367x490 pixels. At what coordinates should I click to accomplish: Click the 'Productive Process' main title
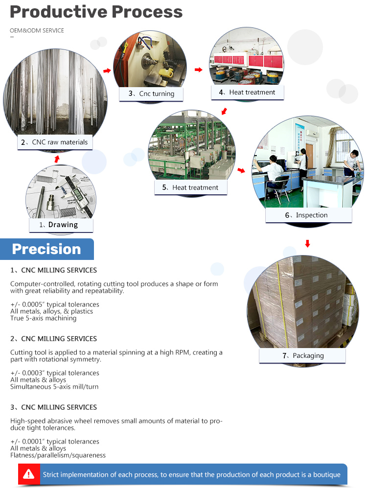(x=96, y=12)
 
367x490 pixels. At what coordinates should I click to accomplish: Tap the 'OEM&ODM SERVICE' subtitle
(x=37, y=31)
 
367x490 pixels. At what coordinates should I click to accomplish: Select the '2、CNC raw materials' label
(x=54, y=142)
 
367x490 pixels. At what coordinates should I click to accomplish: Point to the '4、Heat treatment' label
(x=247, y=92)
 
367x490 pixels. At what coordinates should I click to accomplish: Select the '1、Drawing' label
(x=59, y=225)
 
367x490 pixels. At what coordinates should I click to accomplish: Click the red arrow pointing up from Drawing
(x=57, y=159)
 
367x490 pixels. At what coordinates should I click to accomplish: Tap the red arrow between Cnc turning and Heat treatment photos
(x=198, y=70)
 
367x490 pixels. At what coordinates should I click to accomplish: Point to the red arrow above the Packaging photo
(x=307, y=243)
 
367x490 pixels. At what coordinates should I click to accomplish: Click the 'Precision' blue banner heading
(x=46, y=249)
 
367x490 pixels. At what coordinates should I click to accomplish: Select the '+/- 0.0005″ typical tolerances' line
(x=55, y=304)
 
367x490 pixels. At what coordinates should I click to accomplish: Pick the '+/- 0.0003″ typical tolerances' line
(x=55, y=373)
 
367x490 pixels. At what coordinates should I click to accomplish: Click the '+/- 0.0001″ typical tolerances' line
(x=55, y=442)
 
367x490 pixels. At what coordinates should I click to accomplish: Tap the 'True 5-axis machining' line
(x=44, y=318)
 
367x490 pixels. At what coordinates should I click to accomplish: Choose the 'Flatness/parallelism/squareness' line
(x=58, y=455)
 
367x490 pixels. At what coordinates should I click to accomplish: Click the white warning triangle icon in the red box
(x=29, y=474)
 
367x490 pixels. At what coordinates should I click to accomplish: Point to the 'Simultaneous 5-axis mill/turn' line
(x=55, y=387)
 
